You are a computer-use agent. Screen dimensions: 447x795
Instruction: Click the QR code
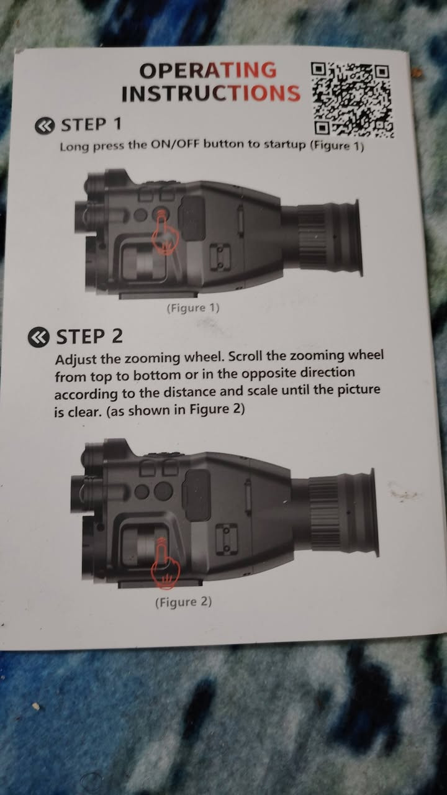[x=352, y=100]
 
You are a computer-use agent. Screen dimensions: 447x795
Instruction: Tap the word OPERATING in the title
[x=208, y=70]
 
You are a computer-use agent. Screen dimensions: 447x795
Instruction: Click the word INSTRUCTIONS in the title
[x=211, y=93]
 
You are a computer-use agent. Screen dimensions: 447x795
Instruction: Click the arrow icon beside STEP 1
[x=45, y=126]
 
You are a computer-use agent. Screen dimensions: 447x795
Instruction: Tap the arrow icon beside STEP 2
[x=38, y=337]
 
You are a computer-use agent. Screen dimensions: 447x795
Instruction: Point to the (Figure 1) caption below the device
[x=193, y=307]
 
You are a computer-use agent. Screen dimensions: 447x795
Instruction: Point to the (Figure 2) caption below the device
[x=183, y=602]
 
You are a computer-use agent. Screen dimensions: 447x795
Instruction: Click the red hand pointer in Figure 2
[x=165, y=564]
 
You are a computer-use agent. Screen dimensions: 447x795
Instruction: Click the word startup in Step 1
[x=285, y=145]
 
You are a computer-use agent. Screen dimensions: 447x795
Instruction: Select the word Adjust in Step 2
[x=76, y=360]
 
